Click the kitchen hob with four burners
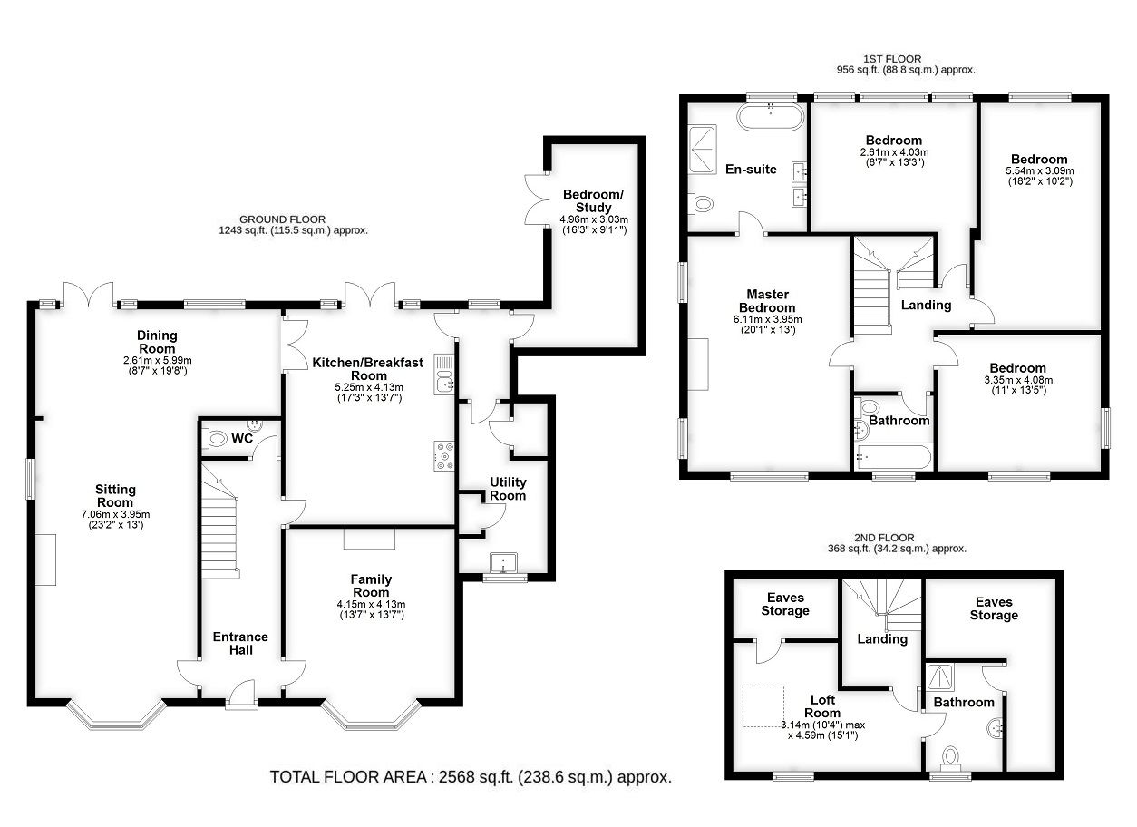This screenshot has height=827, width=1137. click(444, 456)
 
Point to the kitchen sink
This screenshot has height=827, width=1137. click(444, 375)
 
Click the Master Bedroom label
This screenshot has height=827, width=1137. click(767, 301)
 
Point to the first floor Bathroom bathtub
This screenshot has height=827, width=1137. click(894, 456)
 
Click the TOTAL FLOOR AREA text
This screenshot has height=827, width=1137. click(471, 777)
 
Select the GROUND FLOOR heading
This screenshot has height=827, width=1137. click(282, 219)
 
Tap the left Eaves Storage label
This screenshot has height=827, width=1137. click(785, 605)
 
